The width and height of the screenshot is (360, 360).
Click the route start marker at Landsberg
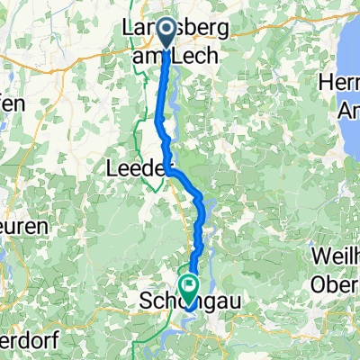(167, 33)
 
